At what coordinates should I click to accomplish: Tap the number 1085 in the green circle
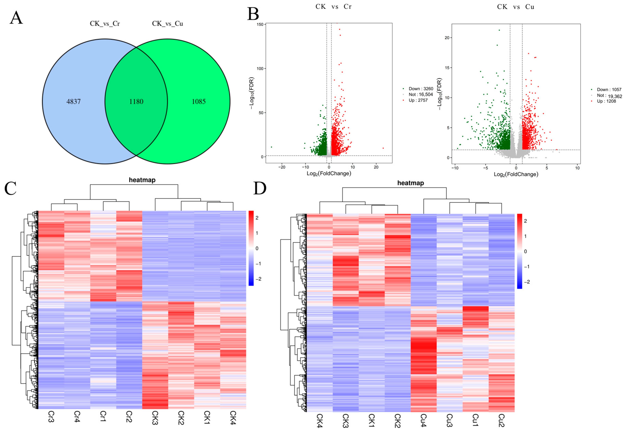pyautogui.click(x=199, y=102)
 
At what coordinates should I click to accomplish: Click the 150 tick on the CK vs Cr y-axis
pyautogui.click(x=260, y=25)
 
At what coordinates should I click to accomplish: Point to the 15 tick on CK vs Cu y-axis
pyautogui.click(x=447, y=68)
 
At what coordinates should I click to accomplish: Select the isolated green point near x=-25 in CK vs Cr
pyautogui.click(x=271, y=147)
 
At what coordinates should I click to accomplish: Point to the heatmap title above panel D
pyautogui.click(x=410, y=183)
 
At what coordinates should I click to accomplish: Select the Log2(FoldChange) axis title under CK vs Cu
pyautogui.click(x=516, y=174)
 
